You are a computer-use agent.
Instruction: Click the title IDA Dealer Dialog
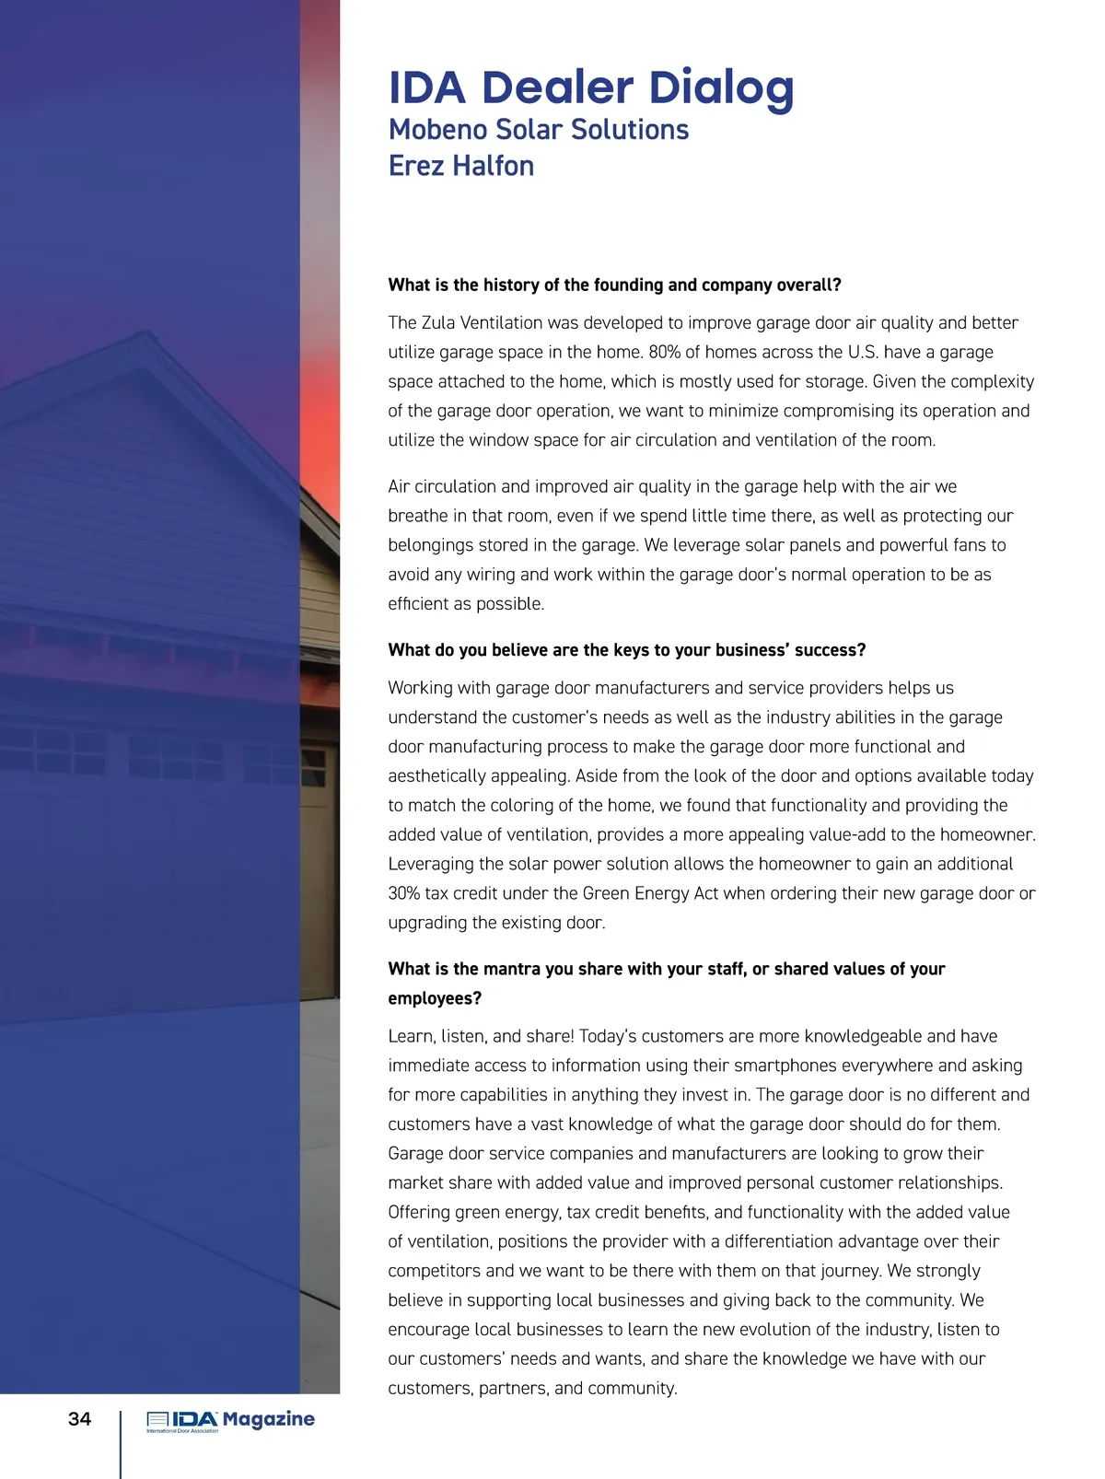pos(590,88)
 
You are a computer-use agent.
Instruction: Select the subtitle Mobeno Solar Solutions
pos(538,130)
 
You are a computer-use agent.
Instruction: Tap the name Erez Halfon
pos(460,166)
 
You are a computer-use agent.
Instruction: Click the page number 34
pos(80,1418)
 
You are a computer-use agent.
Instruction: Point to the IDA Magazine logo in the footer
pos(230,1421)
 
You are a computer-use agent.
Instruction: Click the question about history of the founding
pos(614,285)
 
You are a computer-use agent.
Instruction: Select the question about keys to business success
pos(626,650)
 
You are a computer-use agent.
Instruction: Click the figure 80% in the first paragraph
pos(667,352)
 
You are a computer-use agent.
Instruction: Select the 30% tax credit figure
pos(404,893)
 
